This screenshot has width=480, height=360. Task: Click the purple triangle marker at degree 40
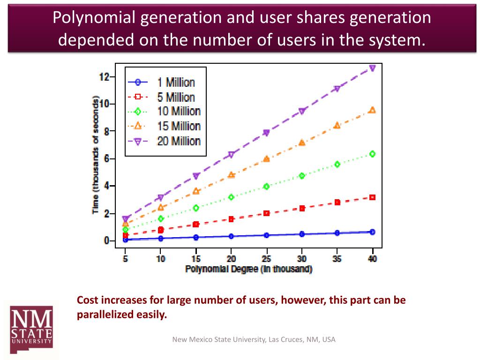tap(372, 68)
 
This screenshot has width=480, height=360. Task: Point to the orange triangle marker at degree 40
tap(372, 110)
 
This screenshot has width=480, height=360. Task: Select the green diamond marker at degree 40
tap(372, 154)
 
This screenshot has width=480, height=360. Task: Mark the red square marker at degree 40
tap(372, 197)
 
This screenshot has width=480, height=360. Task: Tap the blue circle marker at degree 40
tap(372, 232)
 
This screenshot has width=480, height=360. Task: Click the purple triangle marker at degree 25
tap(266, 133)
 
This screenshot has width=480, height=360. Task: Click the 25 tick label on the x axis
tap(266, 258)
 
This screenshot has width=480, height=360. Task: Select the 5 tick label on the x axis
tap(125, 258)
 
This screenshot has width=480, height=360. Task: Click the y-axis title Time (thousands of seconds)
tap(96, 155)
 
